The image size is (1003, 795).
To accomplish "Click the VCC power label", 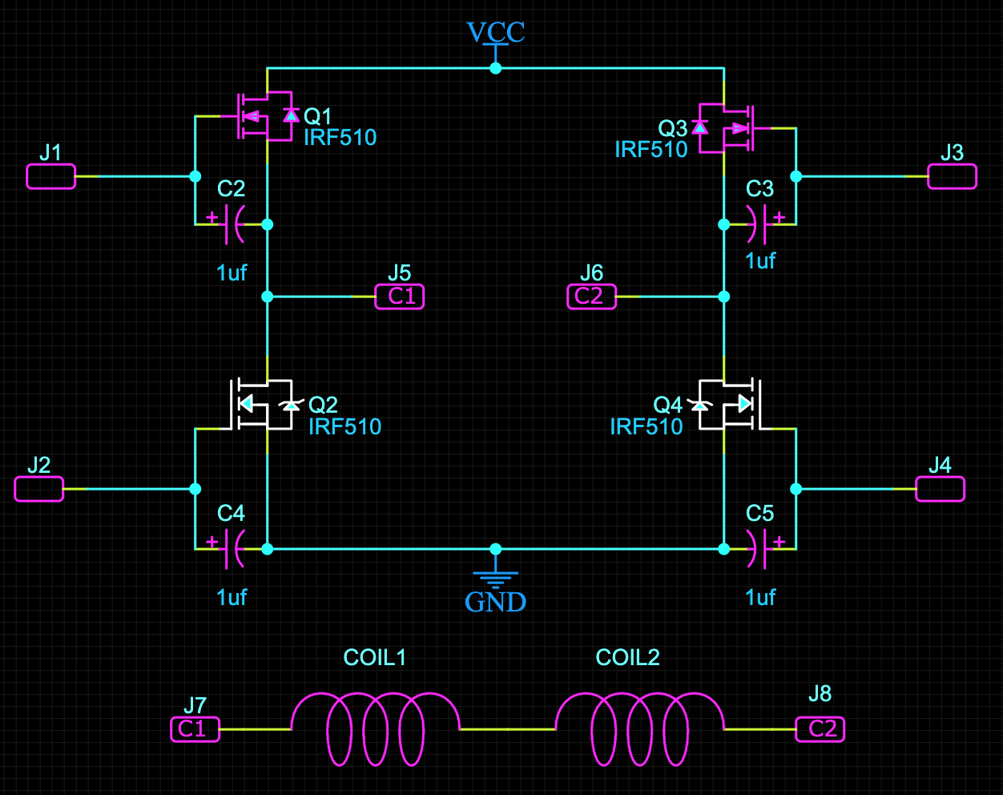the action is [495, 32].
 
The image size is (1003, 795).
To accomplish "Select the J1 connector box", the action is [50, 176].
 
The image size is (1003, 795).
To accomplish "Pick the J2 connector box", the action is [38, 489].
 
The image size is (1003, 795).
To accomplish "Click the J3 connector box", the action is [952, 176].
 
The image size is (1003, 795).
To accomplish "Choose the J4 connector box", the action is [940, 489].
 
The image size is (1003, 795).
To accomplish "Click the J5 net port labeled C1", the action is [400, 297].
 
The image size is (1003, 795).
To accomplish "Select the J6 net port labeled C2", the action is [591, 297].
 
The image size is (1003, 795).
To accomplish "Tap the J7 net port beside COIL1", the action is [195, 728].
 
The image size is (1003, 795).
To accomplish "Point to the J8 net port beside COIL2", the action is [820, 728].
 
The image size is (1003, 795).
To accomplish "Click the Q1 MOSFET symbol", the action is [264, 116].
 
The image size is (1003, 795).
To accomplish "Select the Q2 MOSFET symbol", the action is [264, 404].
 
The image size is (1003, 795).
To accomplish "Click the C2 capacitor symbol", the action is [232, 224].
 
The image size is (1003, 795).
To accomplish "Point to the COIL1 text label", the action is [374, 657].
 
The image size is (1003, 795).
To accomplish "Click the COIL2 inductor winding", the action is [639, 728].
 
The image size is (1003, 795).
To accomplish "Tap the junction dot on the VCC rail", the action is [495, 69].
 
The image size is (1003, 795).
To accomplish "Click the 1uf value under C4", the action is [232, 597].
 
